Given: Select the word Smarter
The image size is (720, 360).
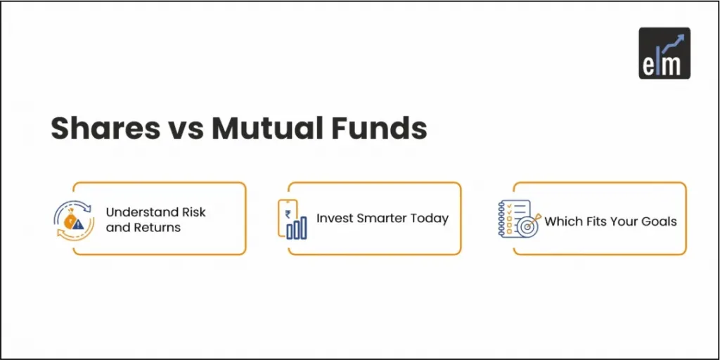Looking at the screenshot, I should tap(383, 218).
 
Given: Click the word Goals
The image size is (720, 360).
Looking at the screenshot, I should tap(660, 221).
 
